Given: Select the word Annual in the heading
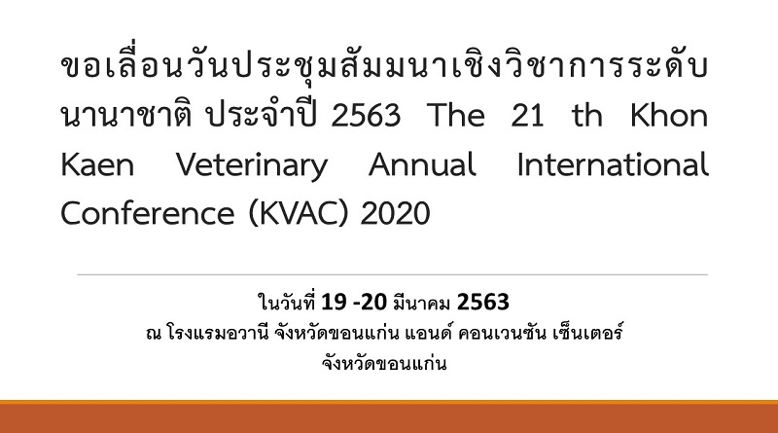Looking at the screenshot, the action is point(422,164).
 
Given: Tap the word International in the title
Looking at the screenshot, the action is point(613,164).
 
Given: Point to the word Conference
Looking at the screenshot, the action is point(148,213).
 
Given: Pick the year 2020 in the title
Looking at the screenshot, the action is point(395,213).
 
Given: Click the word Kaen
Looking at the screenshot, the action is point(97,164).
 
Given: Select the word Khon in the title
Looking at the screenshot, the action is point(669,115).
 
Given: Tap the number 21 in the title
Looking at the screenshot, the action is point(527,115).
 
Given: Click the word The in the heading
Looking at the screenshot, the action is point(455,115).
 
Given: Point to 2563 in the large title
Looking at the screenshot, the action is point(366,115).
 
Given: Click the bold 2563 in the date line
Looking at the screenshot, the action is point(482,302).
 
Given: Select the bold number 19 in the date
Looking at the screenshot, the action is point(334,302).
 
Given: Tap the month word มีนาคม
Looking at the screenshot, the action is point(421,303).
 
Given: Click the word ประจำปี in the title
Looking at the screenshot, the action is point(262,115).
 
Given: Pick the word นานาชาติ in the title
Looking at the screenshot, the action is point(126,115).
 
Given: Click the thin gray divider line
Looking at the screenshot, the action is point(393,274).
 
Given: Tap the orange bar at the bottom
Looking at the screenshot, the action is point(389,416).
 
